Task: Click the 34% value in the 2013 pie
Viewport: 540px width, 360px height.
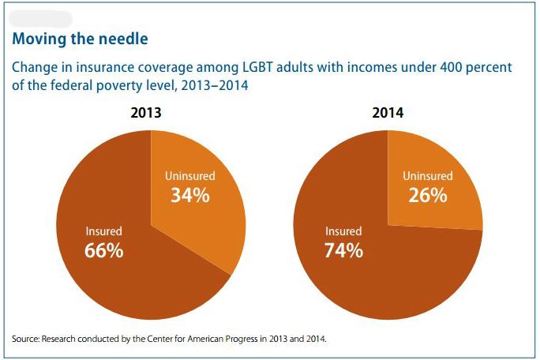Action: coord(190,195)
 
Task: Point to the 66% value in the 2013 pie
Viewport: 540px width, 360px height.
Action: coord(104,251)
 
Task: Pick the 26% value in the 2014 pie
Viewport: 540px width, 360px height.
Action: coord(428,195)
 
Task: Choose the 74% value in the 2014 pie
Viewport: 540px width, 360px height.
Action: coord(343,251)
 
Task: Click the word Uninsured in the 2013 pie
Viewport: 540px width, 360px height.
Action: coord(190,175)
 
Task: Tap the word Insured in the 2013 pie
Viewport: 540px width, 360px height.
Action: coord(104,231)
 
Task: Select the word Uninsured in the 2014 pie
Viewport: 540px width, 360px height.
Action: coord(428,175)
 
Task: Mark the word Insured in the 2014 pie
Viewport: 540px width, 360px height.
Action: coord(343,231)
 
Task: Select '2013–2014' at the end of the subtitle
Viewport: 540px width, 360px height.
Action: coord(215,86)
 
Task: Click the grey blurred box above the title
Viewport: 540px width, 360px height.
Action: coord(40,17)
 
